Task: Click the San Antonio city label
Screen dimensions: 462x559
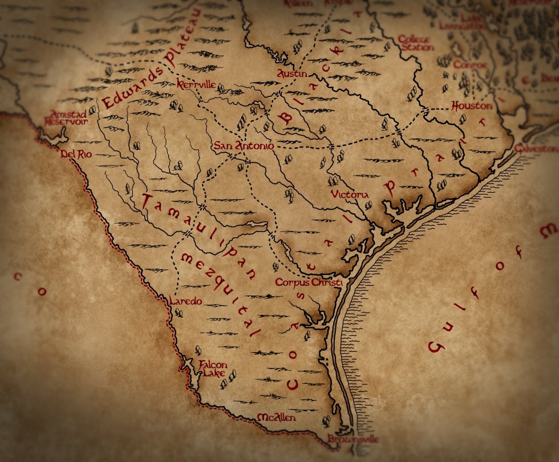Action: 244,146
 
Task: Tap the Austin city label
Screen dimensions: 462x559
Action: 291,74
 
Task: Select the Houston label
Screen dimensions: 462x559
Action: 471,106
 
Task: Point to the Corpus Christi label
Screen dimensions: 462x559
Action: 308,282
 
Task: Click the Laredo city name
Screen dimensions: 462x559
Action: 185,301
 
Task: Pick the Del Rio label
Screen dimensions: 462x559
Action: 76,154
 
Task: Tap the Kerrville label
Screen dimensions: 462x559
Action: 196,84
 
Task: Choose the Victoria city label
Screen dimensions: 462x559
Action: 350,195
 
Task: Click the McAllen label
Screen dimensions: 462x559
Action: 277,418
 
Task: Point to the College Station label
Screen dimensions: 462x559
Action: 416,43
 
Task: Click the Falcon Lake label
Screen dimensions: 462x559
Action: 213,369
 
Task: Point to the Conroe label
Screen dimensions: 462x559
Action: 470,65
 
